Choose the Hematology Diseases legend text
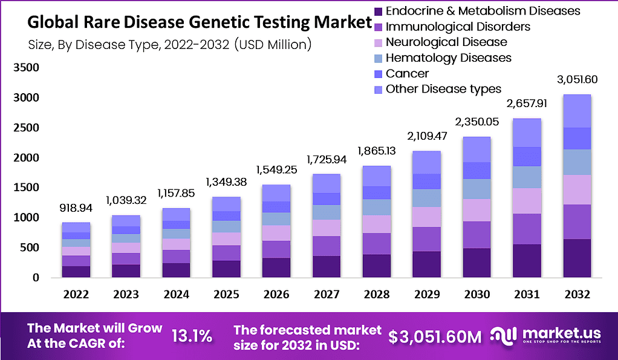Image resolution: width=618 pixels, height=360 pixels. tap(448, 58)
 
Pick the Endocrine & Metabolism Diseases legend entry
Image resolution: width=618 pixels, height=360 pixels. tap(483, 11)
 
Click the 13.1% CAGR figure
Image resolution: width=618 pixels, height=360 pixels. tap(192, 336)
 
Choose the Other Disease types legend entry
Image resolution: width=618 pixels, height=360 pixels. tap(443, 90)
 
